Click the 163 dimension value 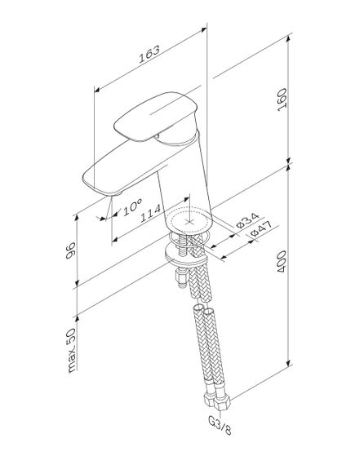(149, 51)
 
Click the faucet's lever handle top (155, 114)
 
